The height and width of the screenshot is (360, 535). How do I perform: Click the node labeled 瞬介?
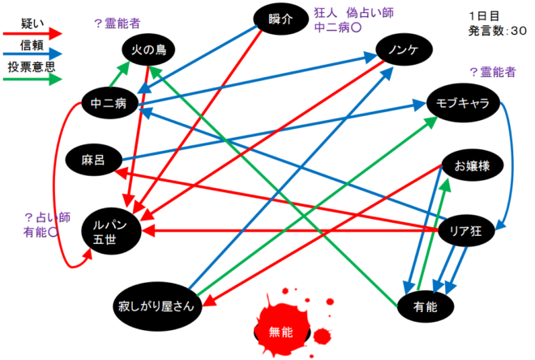[280, 19]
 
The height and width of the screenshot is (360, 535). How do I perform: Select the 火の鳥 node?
[148, 49]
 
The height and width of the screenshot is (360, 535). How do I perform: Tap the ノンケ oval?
[404, 49]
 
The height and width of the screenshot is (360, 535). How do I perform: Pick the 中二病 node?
[109, 103]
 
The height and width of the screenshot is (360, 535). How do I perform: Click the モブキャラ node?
[463, 103]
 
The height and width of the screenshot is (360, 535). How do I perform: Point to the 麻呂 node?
[93, 160]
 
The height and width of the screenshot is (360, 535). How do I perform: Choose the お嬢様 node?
[473, 165]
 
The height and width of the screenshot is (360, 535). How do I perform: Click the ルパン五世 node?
[111, 232]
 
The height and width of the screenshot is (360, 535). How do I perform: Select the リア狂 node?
[466, 231]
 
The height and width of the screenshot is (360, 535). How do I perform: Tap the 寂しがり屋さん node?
[157, 306]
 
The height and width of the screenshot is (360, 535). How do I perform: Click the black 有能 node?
[426, 306]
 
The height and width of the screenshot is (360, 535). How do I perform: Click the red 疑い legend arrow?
[32, 33]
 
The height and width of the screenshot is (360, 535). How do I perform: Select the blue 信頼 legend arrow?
[32, 54]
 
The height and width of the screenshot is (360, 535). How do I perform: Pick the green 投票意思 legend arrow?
[32, 79]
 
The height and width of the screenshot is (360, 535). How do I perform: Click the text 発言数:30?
[498, 31]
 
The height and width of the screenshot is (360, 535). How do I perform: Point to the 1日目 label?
[484, 16]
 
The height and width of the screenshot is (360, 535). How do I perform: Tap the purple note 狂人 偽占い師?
[353, 13]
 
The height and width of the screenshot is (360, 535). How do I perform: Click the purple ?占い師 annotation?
[48, 217]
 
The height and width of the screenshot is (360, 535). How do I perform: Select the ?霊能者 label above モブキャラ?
[493, 72]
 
